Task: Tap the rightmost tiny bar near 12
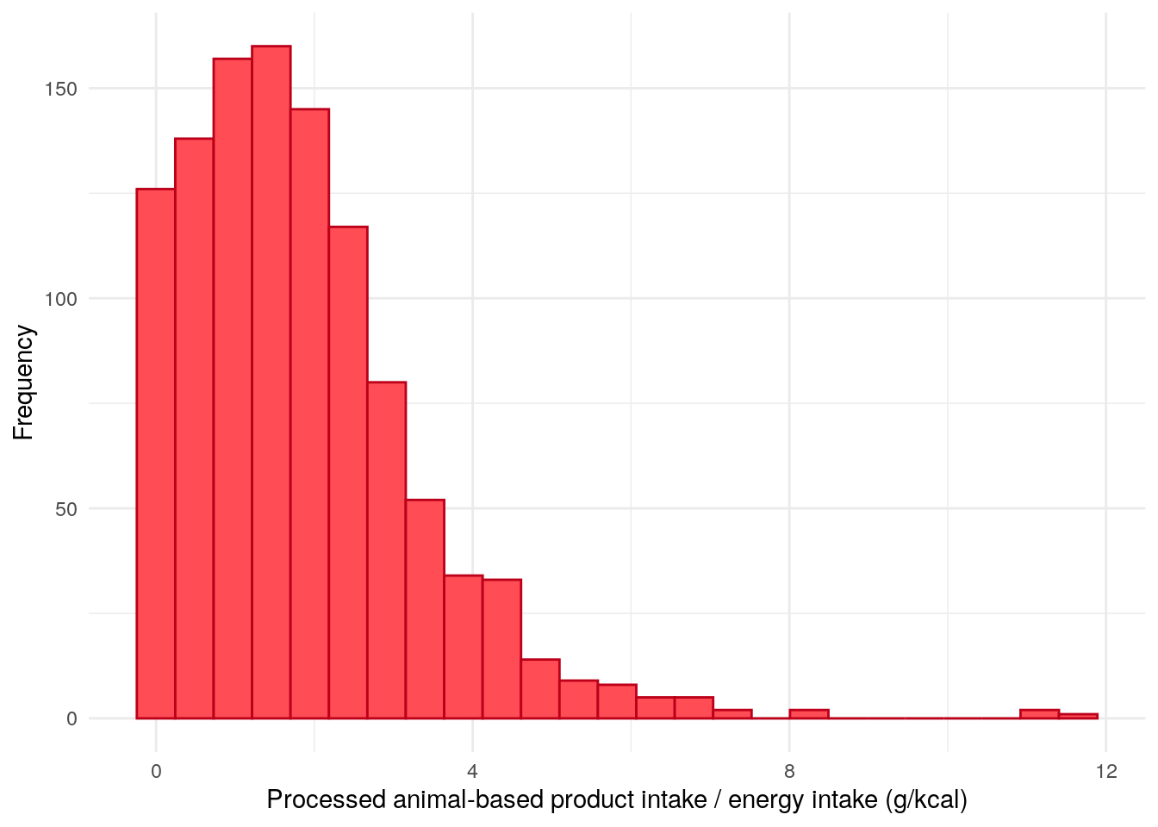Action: tap(1078, 716)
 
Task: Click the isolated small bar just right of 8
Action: tap(808, 714)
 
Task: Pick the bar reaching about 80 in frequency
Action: tap(386, 551)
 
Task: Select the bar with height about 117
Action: tap(348, 474)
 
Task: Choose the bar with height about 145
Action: tap(309, 413)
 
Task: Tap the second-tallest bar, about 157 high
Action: tap(233, 388)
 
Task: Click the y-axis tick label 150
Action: tap(60, 89)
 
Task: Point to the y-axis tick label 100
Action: tap(60, 299)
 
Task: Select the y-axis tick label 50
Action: tap(65, 508)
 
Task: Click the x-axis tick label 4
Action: tap(472, 771)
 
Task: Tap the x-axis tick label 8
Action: tap(789, 771)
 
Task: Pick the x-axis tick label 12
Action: tap(1105, 771)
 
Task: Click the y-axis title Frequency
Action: tap(23, 382)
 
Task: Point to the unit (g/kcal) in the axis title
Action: tap(926, 800)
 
